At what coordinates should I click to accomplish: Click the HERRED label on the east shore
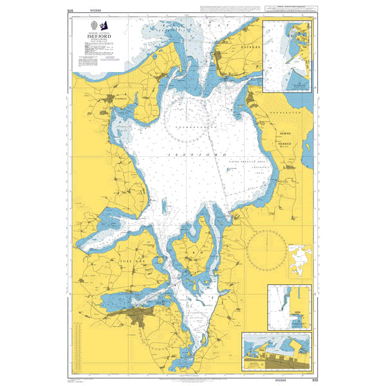285,143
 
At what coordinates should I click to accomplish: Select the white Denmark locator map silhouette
300,259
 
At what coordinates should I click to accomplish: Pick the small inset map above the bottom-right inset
289,308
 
